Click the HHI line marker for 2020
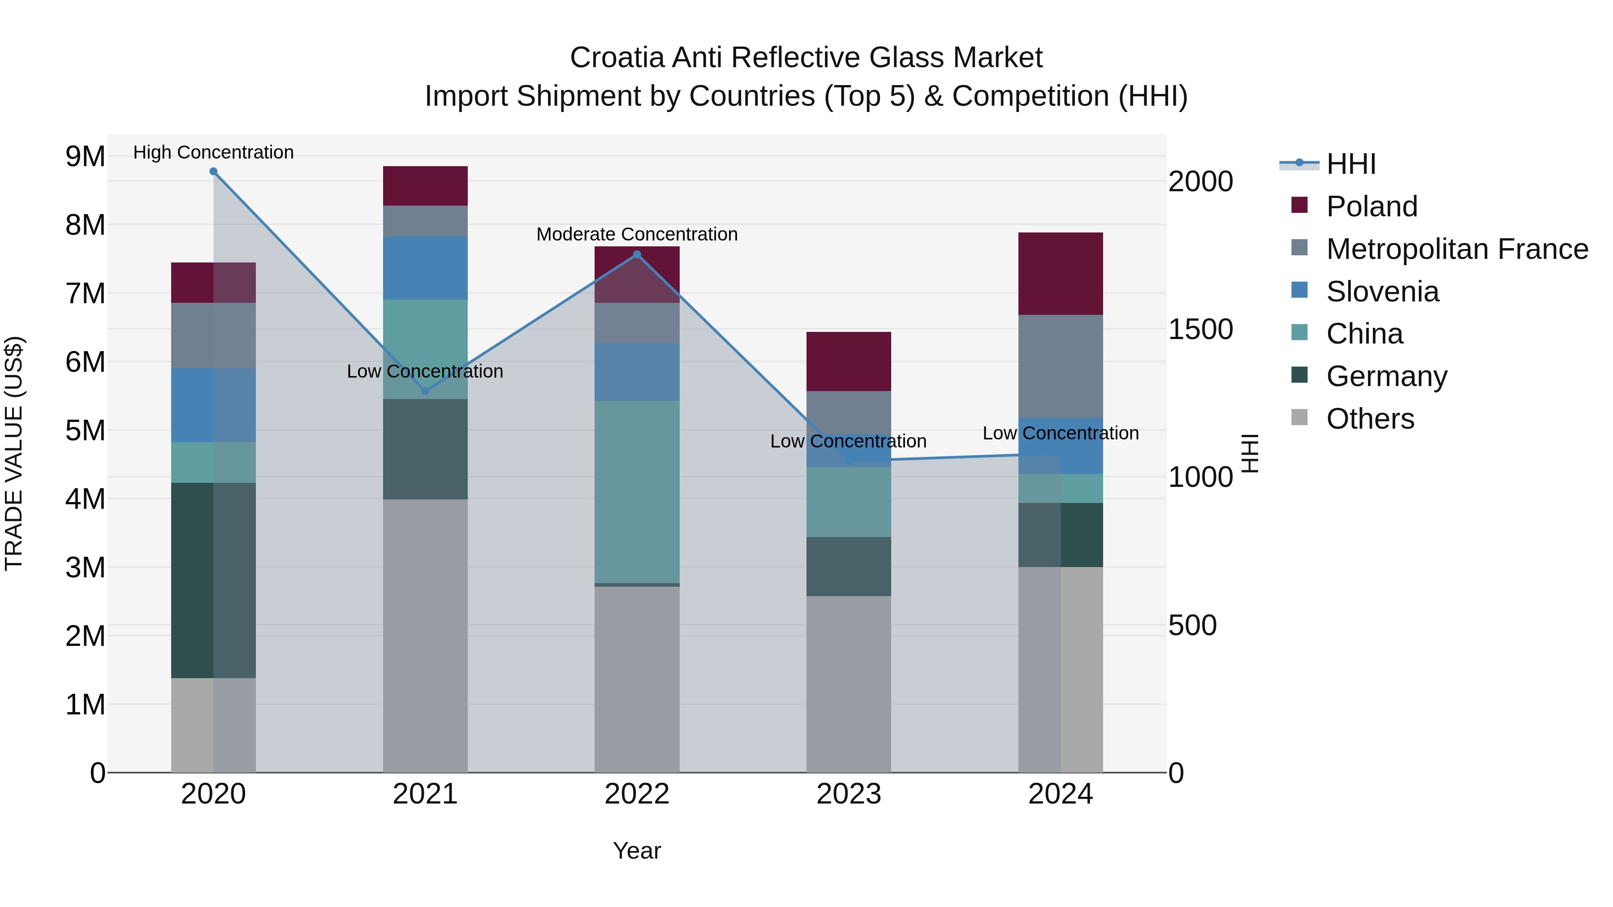(x=214, y=172)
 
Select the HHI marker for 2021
(x=425, y=391)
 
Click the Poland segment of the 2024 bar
(x=1060, y=274)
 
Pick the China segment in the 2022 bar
(x=637, y=492)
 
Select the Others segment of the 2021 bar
(x=425, y=635)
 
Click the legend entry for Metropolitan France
(x=1457, y=249)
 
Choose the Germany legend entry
(x=1386, y=376)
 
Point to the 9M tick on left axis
(x=86, y=156)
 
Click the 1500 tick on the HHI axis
(x=1200, y=329)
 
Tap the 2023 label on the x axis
(x=849, y=794)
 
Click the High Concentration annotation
(x=214, y=152)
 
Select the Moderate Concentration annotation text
(x=637, y=234)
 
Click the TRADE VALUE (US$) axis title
(x=14, y=453)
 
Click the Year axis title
(x=637, y=851)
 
